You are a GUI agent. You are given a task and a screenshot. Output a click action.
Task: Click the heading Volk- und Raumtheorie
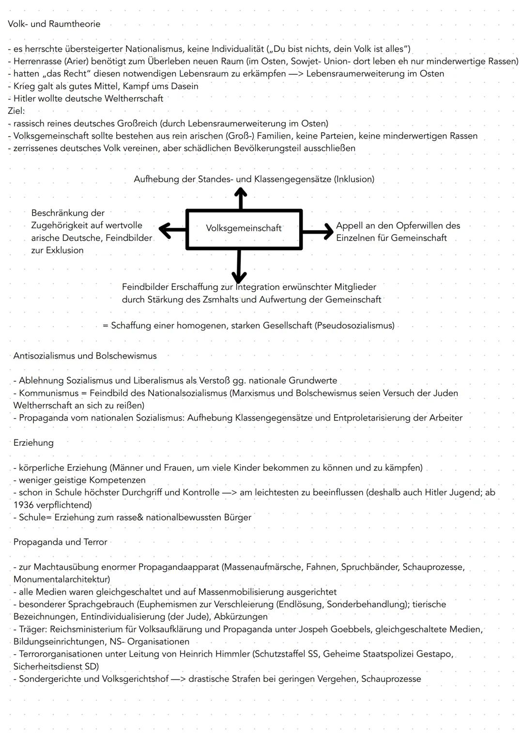54,24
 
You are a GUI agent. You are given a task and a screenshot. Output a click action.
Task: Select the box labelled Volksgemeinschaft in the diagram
244,229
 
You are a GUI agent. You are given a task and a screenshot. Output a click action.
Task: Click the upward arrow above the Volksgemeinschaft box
240,198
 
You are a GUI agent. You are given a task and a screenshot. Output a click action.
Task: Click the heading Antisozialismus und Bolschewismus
85,356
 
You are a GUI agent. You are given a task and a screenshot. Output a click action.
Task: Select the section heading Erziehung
33,443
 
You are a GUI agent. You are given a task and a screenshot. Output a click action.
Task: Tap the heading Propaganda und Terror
60,542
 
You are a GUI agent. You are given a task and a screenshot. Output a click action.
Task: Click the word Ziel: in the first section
16,111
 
